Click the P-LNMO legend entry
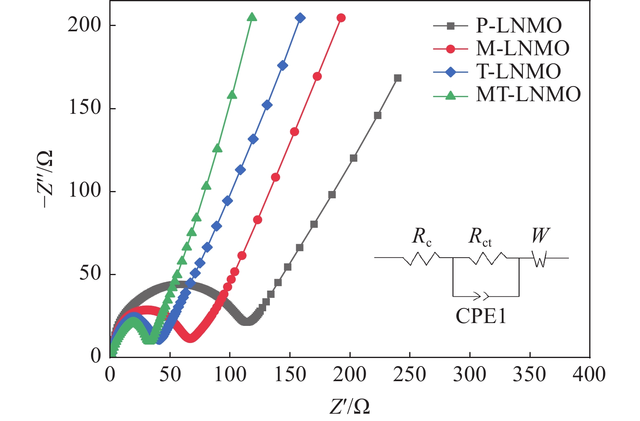pyautogui.click(x=519, y=26)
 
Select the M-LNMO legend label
pyautogui.click(x=523, y=48)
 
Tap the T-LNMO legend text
pyautogui.click(x=519, y=72)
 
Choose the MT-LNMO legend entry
pyautogui.click(x=528, y=94)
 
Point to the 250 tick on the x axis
pyautogui.click(x=410, y=374)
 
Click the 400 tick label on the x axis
pyautogui.click(x=589, y=374)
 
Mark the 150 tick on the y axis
pyautogui.click(x=85, y=108)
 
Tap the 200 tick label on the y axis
pyautogui.click(x=85, y=25)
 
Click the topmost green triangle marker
pyautogui.click(x=252, y=17)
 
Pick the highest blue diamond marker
pyautogui.click(x=300, y=18)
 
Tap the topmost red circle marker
pyautogui.click(x=341, y=18)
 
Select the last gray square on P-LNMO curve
pyautogui.click(x=398, y=78)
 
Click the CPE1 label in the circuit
pyautogui.click(x=481, y=316)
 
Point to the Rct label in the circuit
pyautogui.click(x=480, y=237)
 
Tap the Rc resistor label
pyautogui.click(x=421, y=237)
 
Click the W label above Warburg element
pyautogui.click(x=540, y=235)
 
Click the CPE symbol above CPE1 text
pyautogui.click(x=483, y=296)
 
